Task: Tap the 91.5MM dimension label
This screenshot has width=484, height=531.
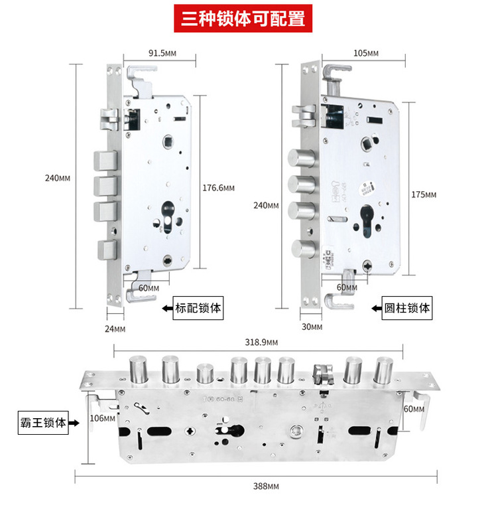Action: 162,53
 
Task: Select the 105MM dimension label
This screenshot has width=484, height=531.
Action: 365,53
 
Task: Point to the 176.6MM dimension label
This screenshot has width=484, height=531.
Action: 218,188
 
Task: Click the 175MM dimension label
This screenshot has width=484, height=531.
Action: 424,194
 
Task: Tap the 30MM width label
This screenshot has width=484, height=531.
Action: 312,327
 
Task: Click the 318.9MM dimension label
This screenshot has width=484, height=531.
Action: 261,342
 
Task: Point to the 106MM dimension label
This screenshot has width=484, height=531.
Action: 102,418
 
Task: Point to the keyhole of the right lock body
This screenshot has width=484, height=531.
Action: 367,222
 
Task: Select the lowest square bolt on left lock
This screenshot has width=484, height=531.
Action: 107,250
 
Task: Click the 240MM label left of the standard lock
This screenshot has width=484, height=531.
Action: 57,178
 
